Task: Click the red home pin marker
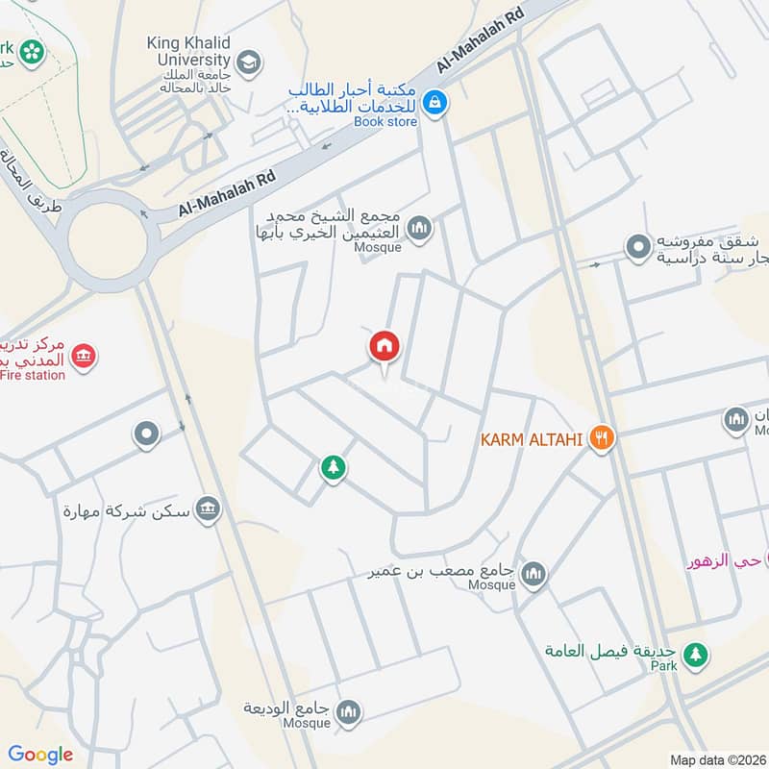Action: click(x=384, y=347)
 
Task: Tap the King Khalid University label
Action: click(x=189, y=51)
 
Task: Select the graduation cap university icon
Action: click(x=249, y=62)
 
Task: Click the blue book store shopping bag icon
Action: click(x=434, y=100)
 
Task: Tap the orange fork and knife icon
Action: click(x=603, y=439)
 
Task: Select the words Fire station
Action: click(x=33, y=375)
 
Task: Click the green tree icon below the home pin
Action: click(x=333, y=468)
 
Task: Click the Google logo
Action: click(x=40, y=755)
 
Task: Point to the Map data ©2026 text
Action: click(x=717, y=759)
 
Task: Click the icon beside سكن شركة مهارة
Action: click(x=207, y=510)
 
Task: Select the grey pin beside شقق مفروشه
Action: click(x=636, y=247)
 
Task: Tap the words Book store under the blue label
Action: click(x=385, y=122)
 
